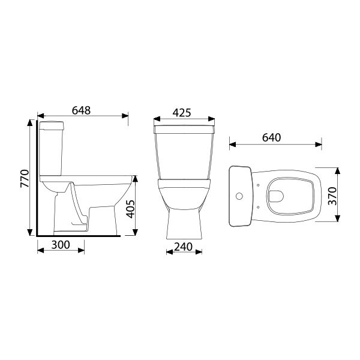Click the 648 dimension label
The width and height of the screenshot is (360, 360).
pos(81,110)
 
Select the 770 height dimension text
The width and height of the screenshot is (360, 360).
pos(25,178)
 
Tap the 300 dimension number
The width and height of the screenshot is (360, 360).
pos(61,245)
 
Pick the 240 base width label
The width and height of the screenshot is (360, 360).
pos(183,245)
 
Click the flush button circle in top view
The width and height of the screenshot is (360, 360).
pos(239,195)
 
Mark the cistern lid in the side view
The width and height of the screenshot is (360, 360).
pos(51,125)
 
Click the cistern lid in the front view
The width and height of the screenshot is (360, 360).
pos(184,128)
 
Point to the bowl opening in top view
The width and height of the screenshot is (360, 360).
pos(278,194)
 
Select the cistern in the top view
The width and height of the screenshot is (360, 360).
pos(241,195)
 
